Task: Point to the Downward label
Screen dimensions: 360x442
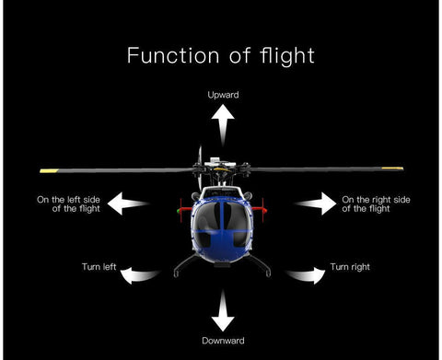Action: tap(222, 340)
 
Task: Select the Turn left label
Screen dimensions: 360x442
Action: tap(99, 267)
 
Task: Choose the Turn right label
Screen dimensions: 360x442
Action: tap(349, 267)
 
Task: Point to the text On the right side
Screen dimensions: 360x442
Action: tap(376, 198)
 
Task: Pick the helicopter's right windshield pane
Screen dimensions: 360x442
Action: tap(235, 217)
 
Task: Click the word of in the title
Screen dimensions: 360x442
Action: tap(238, 55)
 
